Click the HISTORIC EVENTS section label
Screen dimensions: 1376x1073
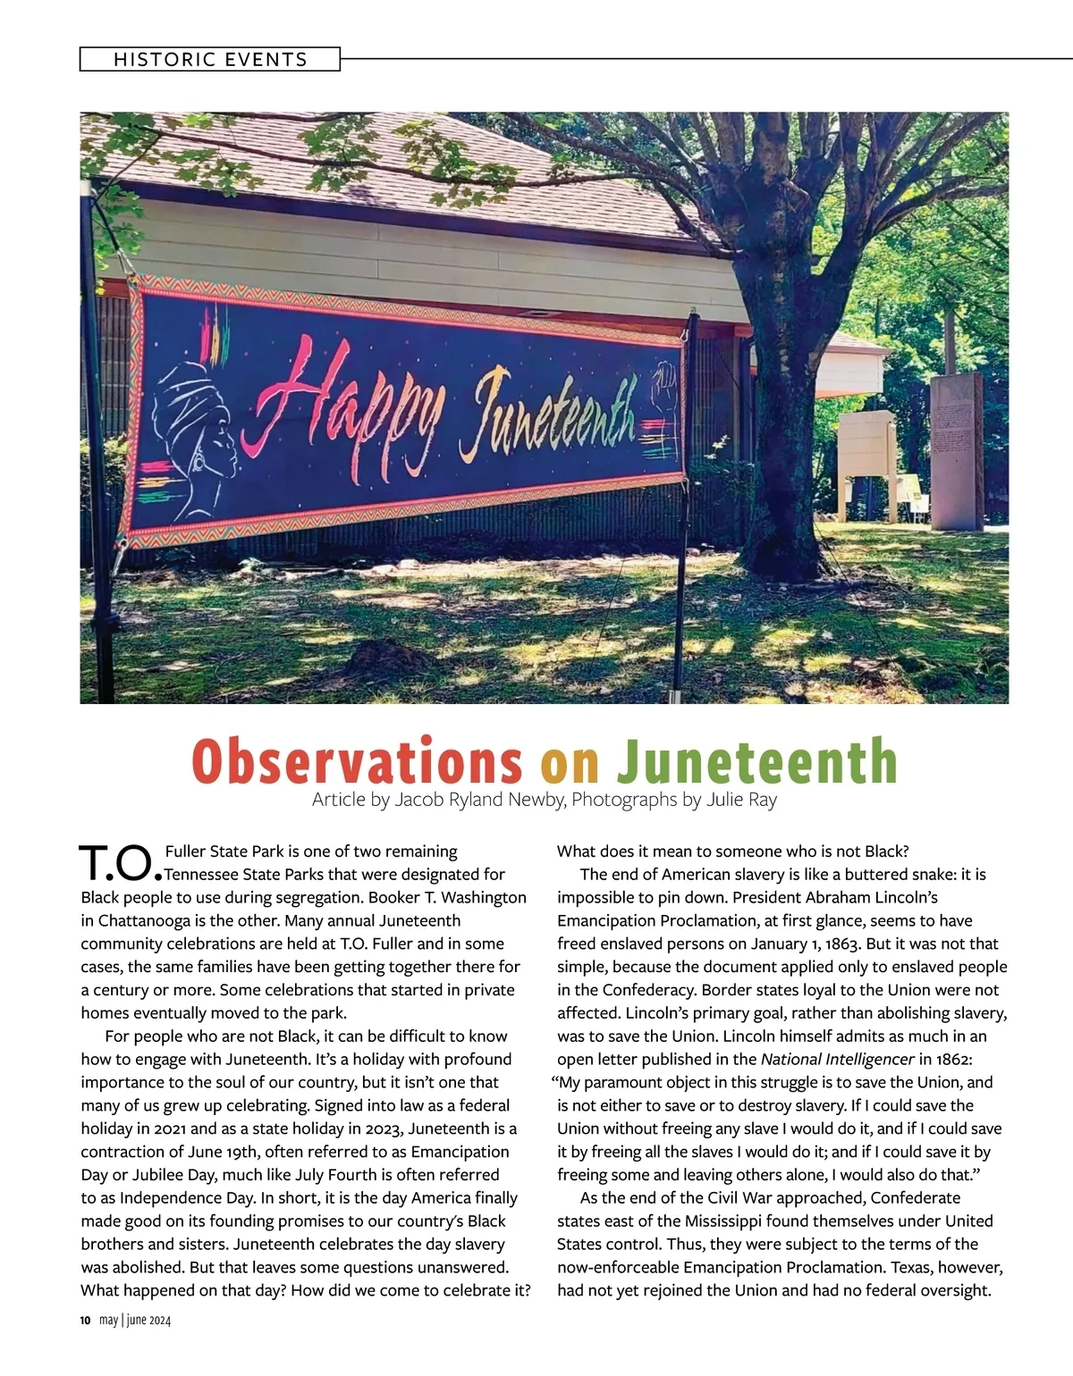[x=210, y=60]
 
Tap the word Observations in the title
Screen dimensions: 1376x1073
[x=357, y=761]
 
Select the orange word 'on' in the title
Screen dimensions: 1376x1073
[x=570, y=761]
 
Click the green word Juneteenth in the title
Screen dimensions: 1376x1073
[x=756, y=761]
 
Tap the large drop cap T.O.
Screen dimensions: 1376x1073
[x=120, y=862]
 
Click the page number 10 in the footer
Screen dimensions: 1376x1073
[x=86, y=1321]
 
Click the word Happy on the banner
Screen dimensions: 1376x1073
[x=353, y=399]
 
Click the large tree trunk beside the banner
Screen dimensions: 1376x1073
[x=787, y=429]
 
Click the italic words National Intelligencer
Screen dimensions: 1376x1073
[x=838, y=1060]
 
